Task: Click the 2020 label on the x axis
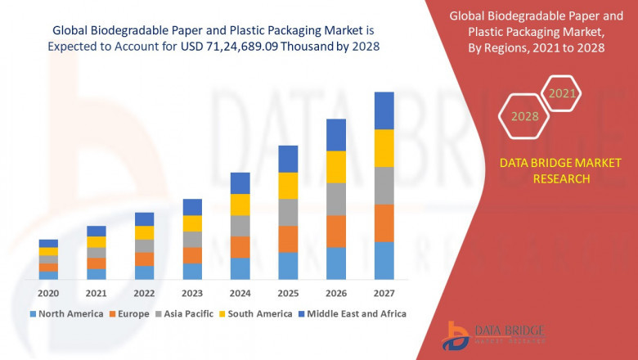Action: pos(48,293)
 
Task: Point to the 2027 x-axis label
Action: pos(384,293)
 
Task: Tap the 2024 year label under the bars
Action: pos(240,293)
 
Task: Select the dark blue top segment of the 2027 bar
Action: pos(384,110)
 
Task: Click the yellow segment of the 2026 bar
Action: pos(336,167)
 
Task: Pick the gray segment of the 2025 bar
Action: pos(288,212)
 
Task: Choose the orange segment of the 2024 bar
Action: pos(240,247)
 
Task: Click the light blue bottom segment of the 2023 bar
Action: pos(192,271)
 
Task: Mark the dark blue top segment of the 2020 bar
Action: pos(48,243)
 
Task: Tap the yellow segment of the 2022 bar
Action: pos(144,232)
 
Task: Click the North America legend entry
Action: pos(66,313)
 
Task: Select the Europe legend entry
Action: pos(129,313)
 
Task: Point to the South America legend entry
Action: pos(256,313)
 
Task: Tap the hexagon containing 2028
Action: pos(524,116)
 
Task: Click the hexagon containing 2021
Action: pos(562,93)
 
